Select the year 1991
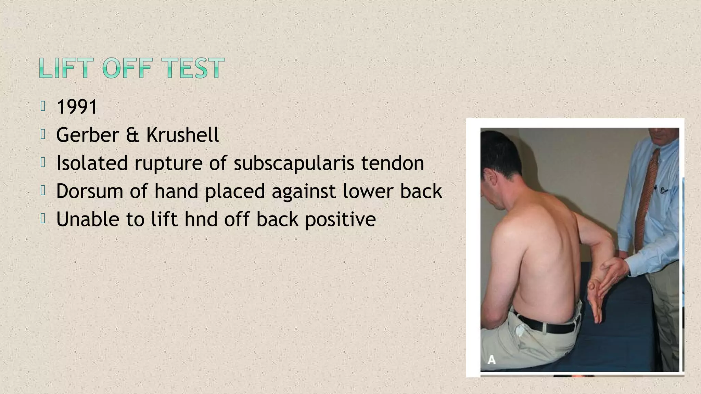point(77,107)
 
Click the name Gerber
point(88,135)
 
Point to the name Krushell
point(182,135)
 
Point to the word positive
point(340,220)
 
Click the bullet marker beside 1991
point(43,106)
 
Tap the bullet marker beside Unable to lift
point(43,219)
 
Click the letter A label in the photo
point(492,360)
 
